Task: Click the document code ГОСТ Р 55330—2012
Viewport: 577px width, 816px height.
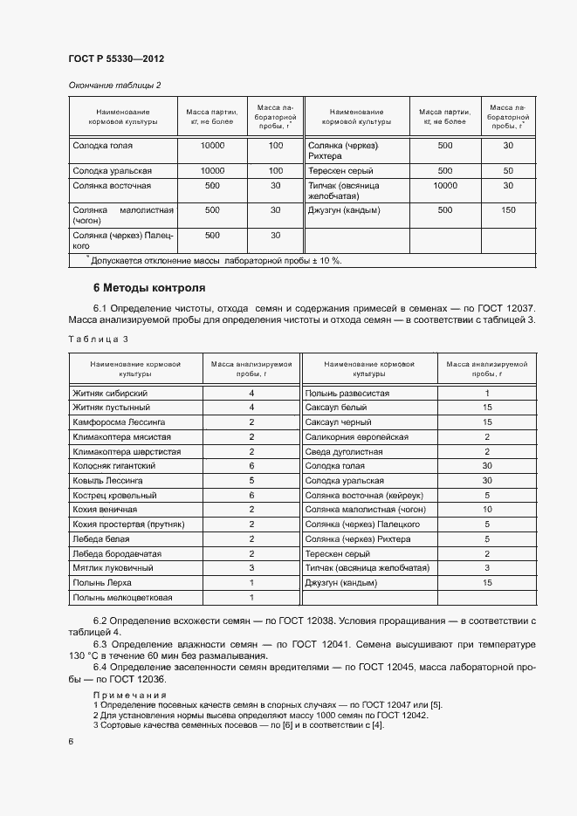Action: point(116,58)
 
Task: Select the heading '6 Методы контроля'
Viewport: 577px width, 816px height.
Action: point(149,287)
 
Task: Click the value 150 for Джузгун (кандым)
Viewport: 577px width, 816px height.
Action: point(508,210)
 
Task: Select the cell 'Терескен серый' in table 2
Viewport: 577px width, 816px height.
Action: point(340,170)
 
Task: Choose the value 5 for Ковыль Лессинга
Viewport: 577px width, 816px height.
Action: point(251,481)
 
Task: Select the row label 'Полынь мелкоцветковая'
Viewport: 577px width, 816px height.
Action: point(123,598)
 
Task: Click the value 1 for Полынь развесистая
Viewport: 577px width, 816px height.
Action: point(487,394)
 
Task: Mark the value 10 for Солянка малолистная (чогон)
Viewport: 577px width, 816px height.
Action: point(487,510)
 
